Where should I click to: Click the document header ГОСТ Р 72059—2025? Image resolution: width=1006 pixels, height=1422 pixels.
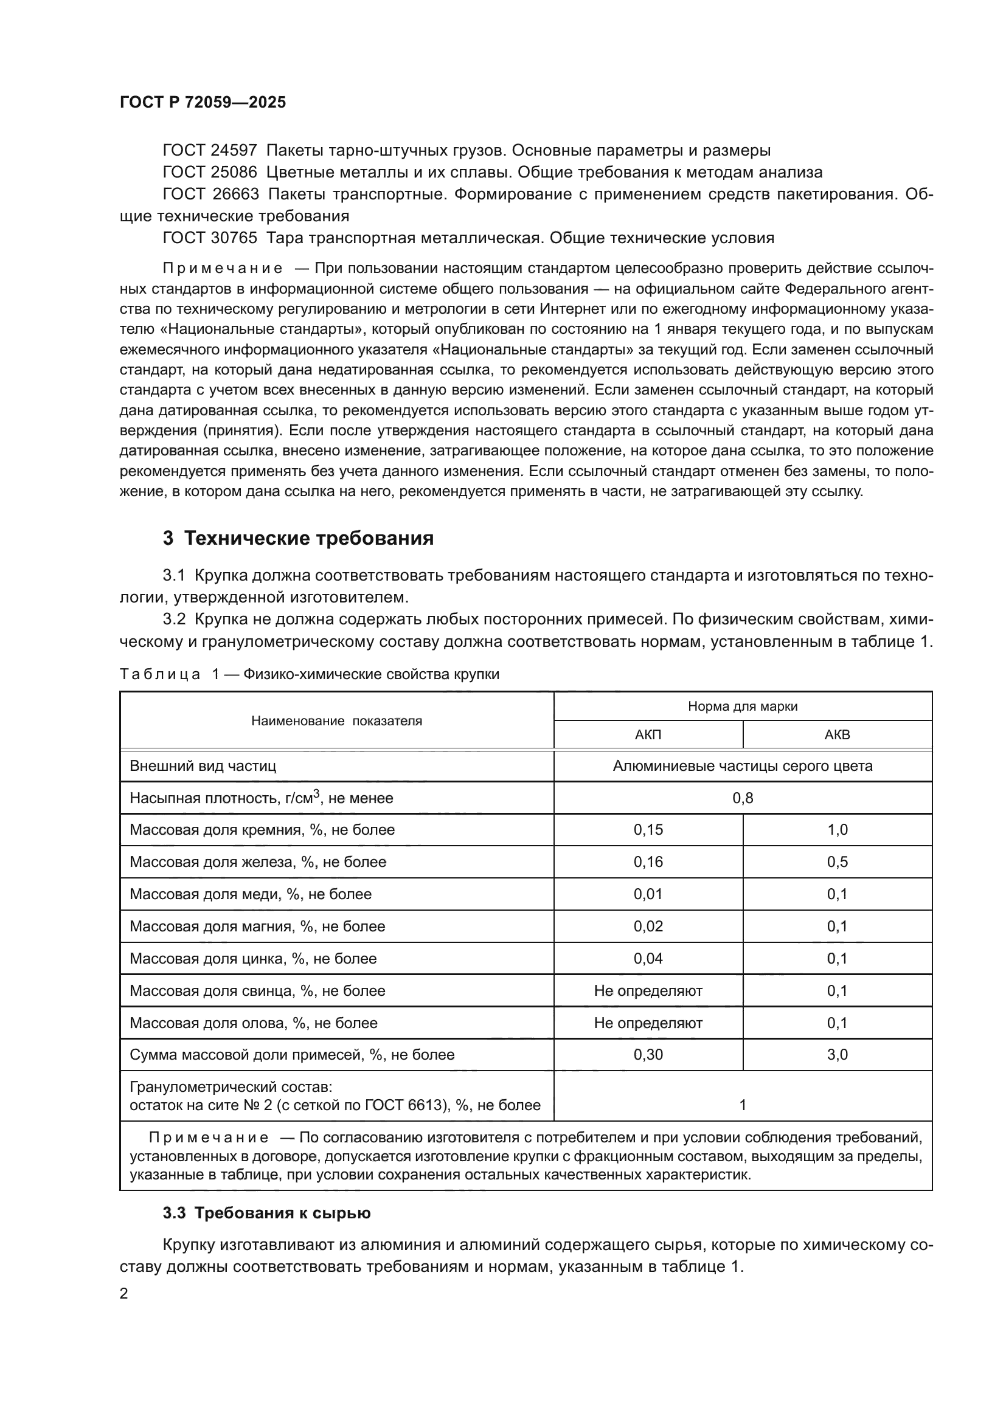(203, 102)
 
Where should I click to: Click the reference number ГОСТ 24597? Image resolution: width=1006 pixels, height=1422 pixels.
(209, 151)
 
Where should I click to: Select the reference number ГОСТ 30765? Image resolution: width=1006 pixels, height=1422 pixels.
(209, 238)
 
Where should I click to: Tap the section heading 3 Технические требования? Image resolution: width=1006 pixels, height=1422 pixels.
(298, 538)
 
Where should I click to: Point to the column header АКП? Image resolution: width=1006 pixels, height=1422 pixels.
(648, 735)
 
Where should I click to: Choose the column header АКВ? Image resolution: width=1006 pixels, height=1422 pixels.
(837, 735)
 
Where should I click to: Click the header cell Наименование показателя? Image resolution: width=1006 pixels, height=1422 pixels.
(336, 721)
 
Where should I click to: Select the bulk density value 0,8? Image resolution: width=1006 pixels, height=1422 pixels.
(743, 798)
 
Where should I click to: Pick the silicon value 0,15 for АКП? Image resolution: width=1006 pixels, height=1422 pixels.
(648, 830)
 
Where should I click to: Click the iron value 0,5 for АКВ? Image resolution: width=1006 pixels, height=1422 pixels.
(837, 862)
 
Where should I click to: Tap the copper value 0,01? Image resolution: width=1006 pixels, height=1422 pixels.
(648, 894)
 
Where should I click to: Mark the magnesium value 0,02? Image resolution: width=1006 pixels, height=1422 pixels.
(648, 927)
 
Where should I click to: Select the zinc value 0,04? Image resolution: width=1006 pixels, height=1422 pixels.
(648, 959)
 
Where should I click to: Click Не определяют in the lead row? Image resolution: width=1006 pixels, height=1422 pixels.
(648, 991)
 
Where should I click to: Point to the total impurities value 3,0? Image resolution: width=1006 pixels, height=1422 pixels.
(837, 1055)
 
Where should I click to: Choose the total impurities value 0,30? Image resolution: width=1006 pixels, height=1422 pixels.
(648, 1055)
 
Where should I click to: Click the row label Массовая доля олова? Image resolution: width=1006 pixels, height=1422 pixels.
(254, 1023)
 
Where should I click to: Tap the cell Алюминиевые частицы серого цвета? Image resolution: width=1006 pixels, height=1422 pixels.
(743, 766)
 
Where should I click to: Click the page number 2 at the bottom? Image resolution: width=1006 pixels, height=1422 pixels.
(124, 1294)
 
